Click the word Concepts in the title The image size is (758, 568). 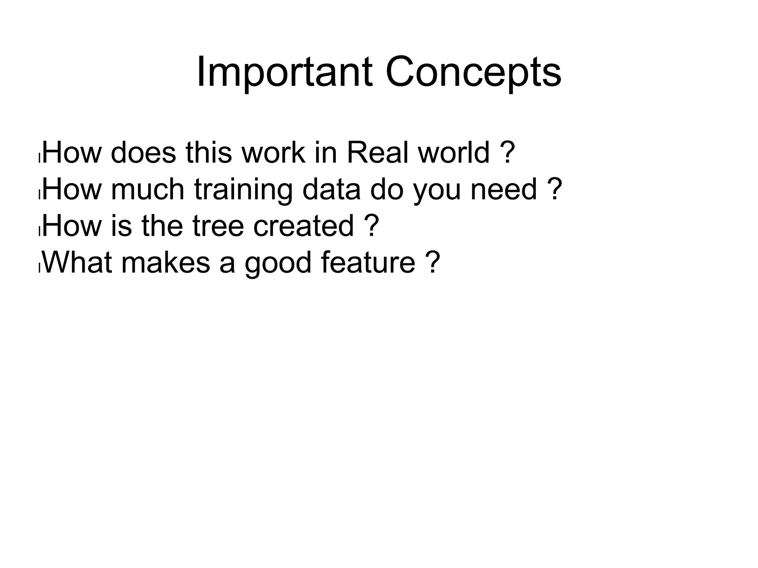[x=473, y=72]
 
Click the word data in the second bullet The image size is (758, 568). [x=331, y=189]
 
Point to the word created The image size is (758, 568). [x=303, y=226]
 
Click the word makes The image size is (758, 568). [x=165, y=263]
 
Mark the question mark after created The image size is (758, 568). [x=372, y=226]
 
